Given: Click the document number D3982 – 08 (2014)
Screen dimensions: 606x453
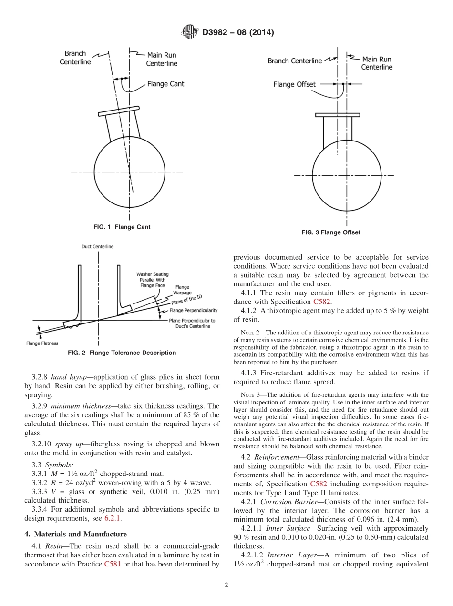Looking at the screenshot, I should pyautogui.click(x=238, y=32).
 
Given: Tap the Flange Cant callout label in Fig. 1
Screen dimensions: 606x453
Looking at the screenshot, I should pyautogui.click(x=165, y=84).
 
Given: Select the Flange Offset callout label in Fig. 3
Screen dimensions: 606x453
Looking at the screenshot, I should pyautogui.click(x=294, y=84).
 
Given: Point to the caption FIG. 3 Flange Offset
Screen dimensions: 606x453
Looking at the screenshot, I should pyautogui.click(x=330, y=232).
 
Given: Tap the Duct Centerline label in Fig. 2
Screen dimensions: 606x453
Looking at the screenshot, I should pyautogui.click(x=97, y=247).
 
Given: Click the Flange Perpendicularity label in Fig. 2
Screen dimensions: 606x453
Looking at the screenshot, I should pyautogui.click(x=194, y=310).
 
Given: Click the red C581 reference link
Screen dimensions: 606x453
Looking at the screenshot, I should pyautogui.click(x=112, y=565).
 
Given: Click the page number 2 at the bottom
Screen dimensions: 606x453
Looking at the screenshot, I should pyautogui.click(x=226, y=586).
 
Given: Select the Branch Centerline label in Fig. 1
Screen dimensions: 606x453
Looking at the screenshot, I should pyautogui.click(x=75, y=58).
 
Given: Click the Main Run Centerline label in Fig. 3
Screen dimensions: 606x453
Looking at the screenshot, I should pyautogui.click(x=376, y=63).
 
